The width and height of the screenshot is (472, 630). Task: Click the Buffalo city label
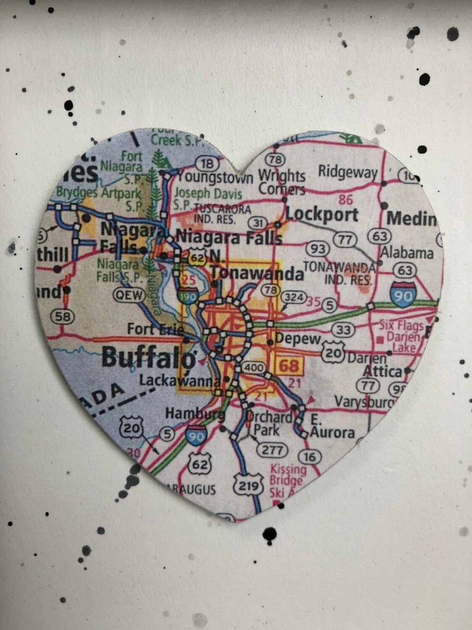149,358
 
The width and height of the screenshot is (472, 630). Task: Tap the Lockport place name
322,214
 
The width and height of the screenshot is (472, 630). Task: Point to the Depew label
297,339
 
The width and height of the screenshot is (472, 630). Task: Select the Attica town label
382,371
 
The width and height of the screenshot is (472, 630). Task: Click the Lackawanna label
180,381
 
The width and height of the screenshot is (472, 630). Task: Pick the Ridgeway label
348,172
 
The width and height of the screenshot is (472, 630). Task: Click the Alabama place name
406,253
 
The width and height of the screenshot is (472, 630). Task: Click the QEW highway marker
129,295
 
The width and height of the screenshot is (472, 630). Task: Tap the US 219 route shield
248,486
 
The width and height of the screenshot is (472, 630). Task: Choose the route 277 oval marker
272,450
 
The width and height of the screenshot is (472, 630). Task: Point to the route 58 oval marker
63,316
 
